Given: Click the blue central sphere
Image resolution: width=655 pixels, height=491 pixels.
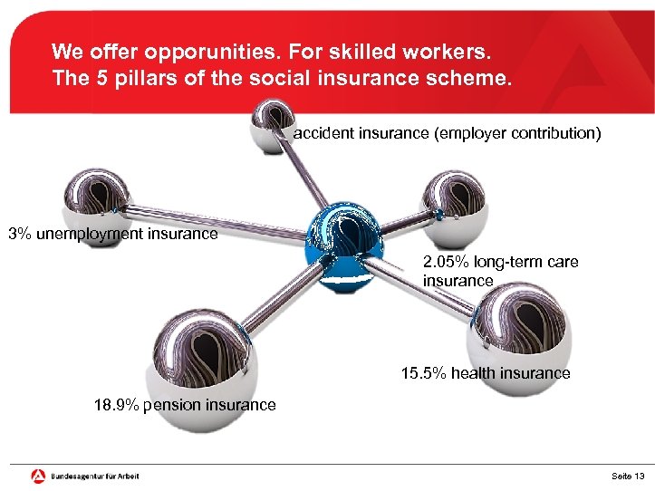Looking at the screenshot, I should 345,246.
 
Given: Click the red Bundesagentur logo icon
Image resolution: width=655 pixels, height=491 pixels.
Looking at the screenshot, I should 38,476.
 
